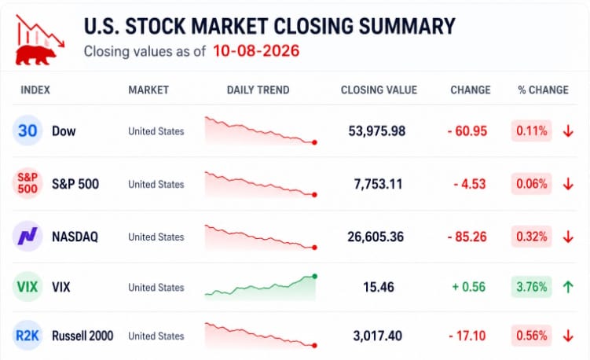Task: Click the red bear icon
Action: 36,55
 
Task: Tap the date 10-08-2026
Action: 256,51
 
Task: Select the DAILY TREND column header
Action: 258,90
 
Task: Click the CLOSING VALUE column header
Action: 379,90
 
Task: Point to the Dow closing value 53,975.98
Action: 376,131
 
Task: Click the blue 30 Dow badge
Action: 27,130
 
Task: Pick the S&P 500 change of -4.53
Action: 470,184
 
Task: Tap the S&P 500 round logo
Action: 27,183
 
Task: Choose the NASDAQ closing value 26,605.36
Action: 376,237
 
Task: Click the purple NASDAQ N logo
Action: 27,236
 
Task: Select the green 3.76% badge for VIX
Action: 531,287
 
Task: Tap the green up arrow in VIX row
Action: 568,287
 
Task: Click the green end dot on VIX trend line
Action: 315,277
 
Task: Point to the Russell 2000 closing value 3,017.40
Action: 377,336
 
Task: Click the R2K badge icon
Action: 27,335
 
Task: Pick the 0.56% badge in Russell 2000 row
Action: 531,336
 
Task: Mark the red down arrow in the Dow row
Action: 568,131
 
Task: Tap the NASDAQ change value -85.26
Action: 467,237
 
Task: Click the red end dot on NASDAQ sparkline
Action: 314,248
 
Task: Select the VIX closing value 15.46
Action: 379,287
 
